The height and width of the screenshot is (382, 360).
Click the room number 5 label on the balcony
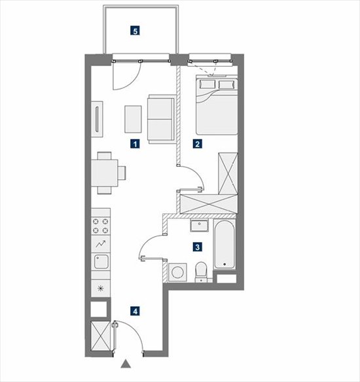(135, 31)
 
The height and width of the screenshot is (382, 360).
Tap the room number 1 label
(135, 144)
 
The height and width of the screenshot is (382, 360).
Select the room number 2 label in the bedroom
(198, 144)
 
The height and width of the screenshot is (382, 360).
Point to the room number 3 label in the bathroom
(198, 247)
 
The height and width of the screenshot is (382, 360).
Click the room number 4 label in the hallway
(135, 311)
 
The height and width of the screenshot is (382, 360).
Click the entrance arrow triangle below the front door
(126, 364)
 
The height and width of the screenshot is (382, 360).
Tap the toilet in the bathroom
(202, 272)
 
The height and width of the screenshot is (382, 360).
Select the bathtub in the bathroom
(225, 245)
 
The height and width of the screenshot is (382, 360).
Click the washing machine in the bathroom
(177, 272)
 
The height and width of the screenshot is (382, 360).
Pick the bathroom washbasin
(200, 226)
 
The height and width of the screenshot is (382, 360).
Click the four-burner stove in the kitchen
(100, 226)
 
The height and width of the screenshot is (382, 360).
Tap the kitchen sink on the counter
(101, 262)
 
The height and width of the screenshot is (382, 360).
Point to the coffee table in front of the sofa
(133, 119)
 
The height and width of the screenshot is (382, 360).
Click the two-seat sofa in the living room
(162, 119)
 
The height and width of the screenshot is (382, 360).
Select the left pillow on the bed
(207, 84)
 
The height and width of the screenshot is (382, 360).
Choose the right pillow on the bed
(226, 85)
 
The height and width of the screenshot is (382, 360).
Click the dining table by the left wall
(105, 173)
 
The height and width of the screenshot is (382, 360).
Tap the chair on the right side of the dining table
(122, 173)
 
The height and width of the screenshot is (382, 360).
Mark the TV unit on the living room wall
(97, 119)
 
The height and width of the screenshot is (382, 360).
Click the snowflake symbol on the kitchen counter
(100, 288)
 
